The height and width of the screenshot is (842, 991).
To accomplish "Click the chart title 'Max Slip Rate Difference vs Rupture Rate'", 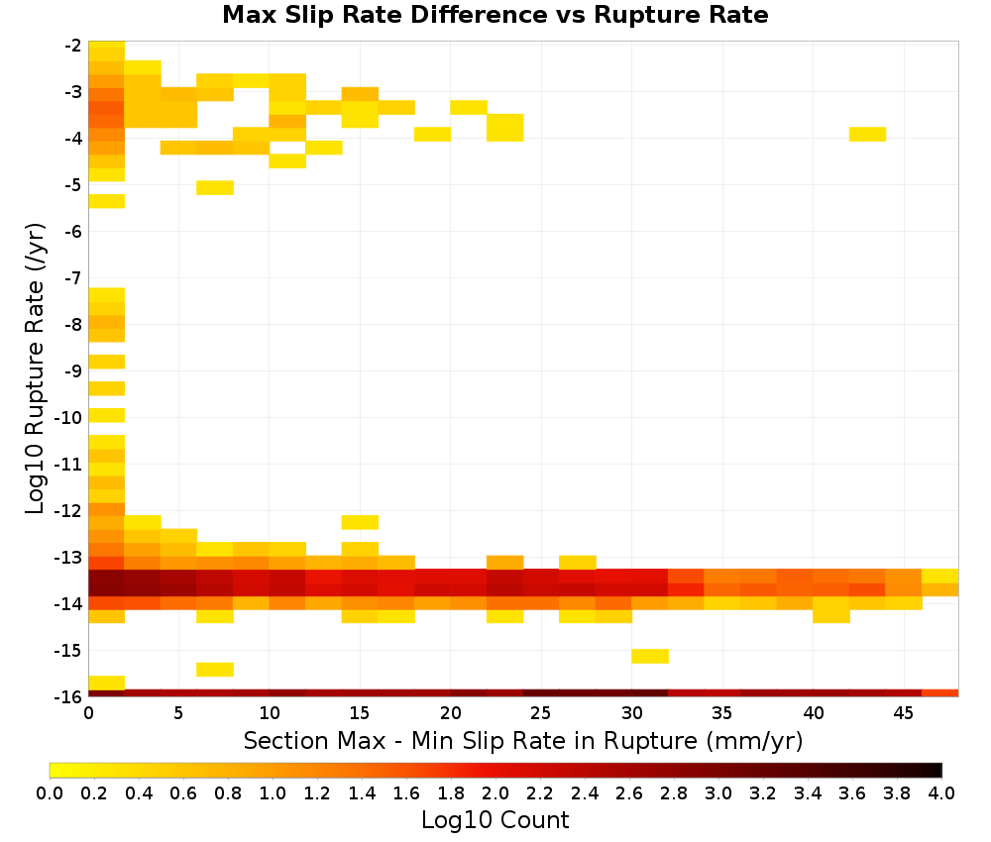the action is pos(495,15).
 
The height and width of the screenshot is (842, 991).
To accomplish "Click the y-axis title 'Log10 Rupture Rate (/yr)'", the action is pos(35,368).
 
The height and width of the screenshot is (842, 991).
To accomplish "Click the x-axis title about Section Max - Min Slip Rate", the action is pos(522,740).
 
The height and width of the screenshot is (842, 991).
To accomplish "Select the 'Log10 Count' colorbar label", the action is pos(495,820).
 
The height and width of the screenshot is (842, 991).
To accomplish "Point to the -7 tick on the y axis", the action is pos(73,278).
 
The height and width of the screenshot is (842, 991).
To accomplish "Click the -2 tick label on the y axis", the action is pos(73,46).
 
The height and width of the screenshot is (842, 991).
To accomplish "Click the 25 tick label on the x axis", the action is pos(540,713).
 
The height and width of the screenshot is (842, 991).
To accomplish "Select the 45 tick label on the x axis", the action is pos(903,713).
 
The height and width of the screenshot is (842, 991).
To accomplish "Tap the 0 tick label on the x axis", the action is pos(88,713).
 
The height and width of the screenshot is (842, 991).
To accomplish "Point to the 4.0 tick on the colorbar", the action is pos(941,792).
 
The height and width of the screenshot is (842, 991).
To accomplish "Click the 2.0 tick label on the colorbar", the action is pos(495,792).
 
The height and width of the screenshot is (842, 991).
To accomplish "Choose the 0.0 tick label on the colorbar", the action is pos(50,792).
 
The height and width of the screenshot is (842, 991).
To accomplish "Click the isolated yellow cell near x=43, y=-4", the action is pos(867,134).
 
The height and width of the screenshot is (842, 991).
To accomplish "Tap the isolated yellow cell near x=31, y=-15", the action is pos(650,656).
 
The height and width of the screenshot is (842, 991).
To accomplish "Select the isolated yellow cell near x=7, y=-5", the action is pos(215,187).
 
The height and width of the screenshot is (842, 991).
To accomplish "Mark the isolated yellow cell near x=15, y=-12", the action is pos(361,522).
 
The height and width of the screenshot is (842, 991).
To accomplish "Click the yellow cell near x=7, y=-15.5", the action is pos(215,669).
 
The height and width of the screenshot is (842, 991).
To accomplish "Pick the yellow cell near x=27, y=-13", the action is pos(578,563).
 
